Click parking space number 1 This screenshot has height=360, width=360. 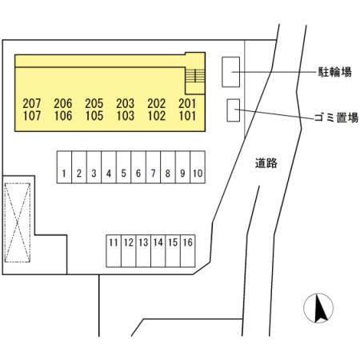pyautogui.click(x=64, y=167)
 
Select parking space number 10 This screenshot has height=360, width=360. pyautogui.click(x=198, y=167)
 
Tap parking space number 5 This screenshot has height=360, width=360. pyautogui.click(x=123, y=167)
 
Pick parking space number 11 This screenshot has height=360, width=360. pyautogui.click(x=114, y=251)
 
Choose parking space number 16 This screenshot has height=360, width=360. pyautogui.click(x=188, y=251)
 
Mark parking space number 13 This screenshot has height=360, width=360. pyautogui.click(x=143, y=251)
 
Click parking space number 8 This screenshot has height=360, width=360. pyautogui.click(x=168, y=167)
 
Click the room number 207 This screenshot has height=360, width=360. pyautogui.click(x=32, y=103)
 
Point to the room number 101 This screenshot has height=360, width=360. pyautogui.click(x=187, y=116)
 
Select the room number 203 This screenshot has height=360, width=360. pyautogui.click(x=126, y=103)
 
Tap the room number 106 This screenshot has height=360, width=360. pyautogui.click(x=63, y=116)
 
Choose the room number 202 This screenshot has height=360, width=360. pyautogui.click(x=157, y=103)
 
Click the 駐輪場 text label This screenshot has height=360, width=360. pyautogui.click(x=335, y=72)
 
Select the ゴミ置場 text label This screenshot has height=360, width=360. pyautogui.click(x=336, y=118)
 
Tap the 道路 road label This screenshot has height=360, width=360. pyautogui.click(x=266, y=163)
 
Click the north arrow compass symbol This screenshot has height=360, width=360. pyautogui.click(x=318, y=308)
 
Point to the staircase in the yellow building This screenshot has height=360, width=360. pyautogui.click(x=195, y=75)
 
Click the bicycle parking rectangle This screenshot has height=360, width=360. pyautogui.click(x=231, y=72)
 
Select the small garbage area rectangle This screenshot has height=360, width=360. pyautogui.click(x=234, y=110)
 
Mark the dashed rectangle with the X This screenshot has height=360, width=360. pyautogui.click(x=18, y=222)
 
